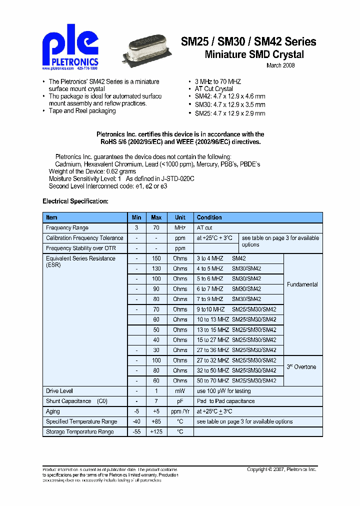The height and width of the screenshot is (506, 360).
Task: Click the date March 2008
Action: (280, 65)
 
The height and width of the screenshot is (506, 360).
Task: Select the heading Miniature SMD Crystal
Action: (254, 54)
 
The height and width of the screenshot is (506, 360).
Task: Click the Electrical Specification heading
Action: (75, 201)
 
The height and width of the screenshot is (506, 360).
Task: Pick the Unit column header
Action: (180, 217)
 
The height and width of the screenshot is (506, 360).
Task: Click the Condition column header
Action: (209, 217)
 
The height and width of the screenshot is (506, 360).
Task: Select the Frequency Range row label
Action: (67, 228)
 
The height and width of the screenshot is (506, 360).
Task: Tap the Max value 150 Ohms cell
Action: (156, 258)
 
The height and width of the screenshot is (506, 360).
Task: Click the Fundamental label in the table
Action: (302, 284)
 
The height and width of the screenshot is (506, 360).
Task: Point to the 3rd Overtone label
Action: (301, 367)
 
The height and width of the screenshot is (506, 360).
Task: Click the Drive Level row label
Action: (59, 391)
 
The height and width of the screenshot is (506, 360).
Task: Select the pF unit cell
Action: (180, 401)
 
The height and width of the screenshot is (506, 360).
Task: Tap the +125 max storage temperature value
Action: (156, 431)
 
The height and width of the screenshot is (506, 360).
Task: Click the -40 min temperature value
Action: (136, 421)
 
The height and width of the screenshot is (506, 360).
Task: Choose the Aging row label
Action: (53, 411)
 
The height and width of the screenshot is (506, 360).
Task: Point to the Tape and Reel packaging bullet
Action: (82, 111)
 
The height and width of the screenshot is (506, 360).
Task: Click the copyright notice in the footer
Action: (281, 469)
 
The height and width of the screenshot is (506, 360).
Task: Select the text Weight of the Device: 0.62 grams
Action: (92, 171)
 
